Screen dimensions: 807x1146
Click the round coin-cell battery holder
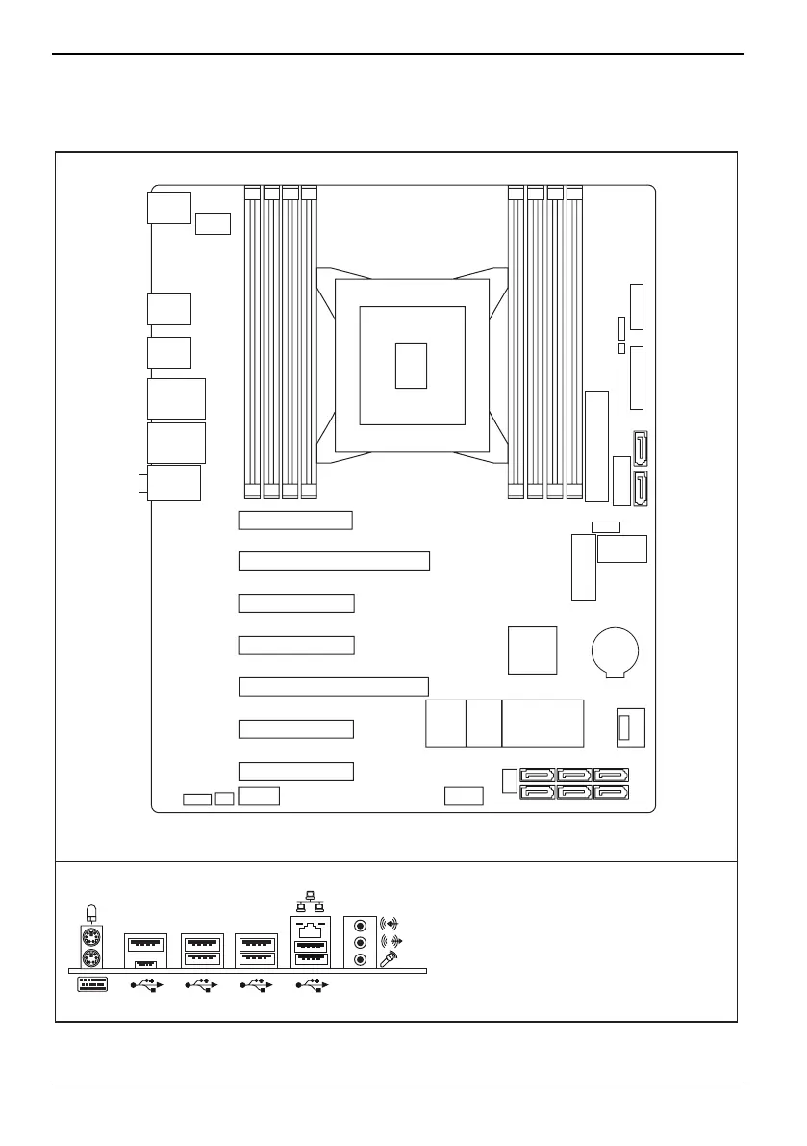tap(616, 651)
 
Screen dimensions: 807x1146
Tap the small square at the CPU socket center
tap(411, 365)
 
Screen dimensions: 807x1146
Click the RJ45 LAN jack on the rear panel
tap(310, 930)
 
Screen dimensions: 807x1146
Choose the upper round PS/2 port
tap(91, 937)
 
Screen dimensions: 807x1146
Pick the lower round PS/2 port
tap(91, 958)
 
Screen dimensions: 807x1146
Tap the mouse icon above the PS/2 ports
tap(91, 912)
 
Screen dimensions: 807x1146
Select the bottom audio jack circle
tap(361, 959)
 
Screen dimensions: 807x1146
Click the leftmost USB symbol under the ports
tap(148, 985)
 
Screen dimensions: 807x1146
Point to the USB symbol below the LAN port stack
tap(314, 985)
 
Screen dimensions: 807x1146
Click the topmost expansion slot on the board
tap(295, 521)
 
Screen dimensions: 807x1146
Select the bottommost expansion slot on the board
tap(296, 771)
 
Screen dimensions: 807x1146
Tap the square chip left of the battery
tap(532, 650)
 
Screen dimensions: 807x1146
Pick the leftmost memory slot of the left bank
tap(252, 342)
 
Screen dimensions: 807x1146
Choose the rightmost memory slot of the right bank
tap(574, 342)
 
